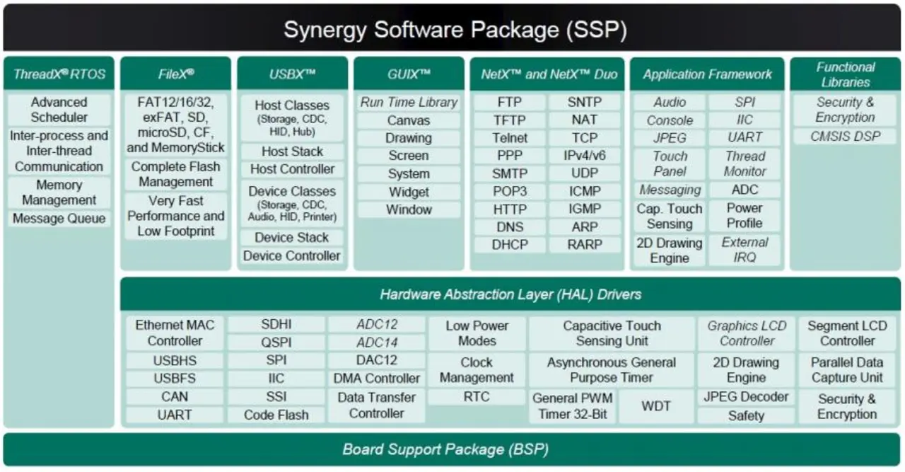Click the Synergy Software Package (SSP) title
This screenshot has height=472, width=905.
[x=455, y=30]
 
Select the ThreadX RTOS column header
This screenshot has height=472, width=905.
[x=59, y=74]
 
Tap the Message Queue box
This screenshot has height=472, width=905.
[x=59, y=219]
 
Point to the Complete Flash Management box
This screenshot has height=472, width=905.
[x=176, y=174]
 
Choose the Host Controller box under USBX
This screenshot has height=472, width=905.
[x=292, y=169]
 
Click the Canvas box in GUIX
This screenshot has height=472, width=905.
[x=409, y=120]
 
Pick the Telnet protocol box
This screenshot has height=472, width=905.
[x=510, y=138]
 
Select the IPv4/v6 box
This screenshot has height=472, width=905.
[x=585, y=156]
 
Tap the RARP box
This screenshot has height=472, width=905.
[x=585, y=245]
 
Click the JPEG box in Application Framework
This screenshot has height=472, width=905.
[x=670, y=138]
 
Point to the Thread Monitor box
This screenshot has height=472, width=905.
[x=745, y=163]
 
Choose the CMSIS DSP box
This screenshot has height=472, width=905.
[x=845, y=137]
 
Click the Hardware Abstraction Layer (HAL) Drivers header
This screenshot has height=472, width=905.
[x=510, y=294]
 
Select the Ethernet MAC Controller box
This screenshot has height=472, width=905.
[x=175, y=333]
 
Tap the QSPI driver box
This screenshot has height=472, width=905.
[x=276, y=343]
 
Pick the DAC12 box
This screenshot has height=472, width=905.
[x=377, y=360]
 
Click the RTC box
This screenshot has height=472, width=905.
[x=477, y=397]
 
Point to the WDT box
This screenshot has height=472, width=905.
[x=656, y=406]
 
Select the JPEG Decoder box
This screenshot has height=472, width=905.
[x=746, y=397]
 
